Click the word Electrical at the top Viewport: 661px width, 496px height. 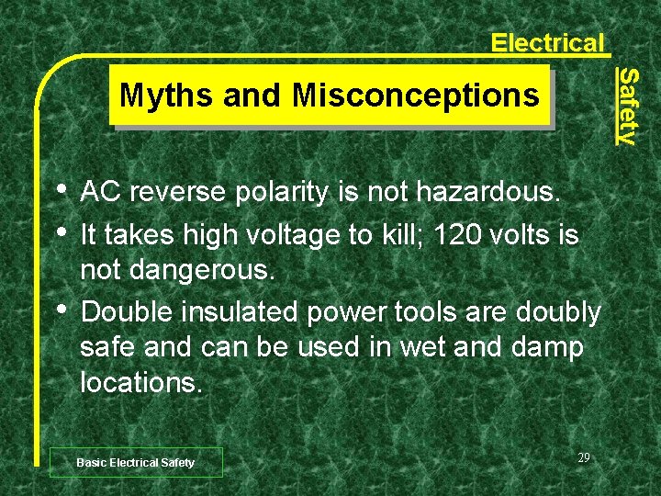coord(547,42)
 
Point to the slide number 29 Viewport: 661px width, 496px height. coord(584,457)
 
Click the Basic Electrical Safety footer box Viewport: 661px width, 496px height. coord(136,462)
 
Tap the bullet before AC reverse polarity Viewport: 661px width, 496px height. coord(62,190)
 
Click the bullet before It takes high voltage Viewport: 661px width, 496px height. coord(62,231)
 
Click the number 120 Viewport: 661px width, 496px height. coord(455,235)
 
